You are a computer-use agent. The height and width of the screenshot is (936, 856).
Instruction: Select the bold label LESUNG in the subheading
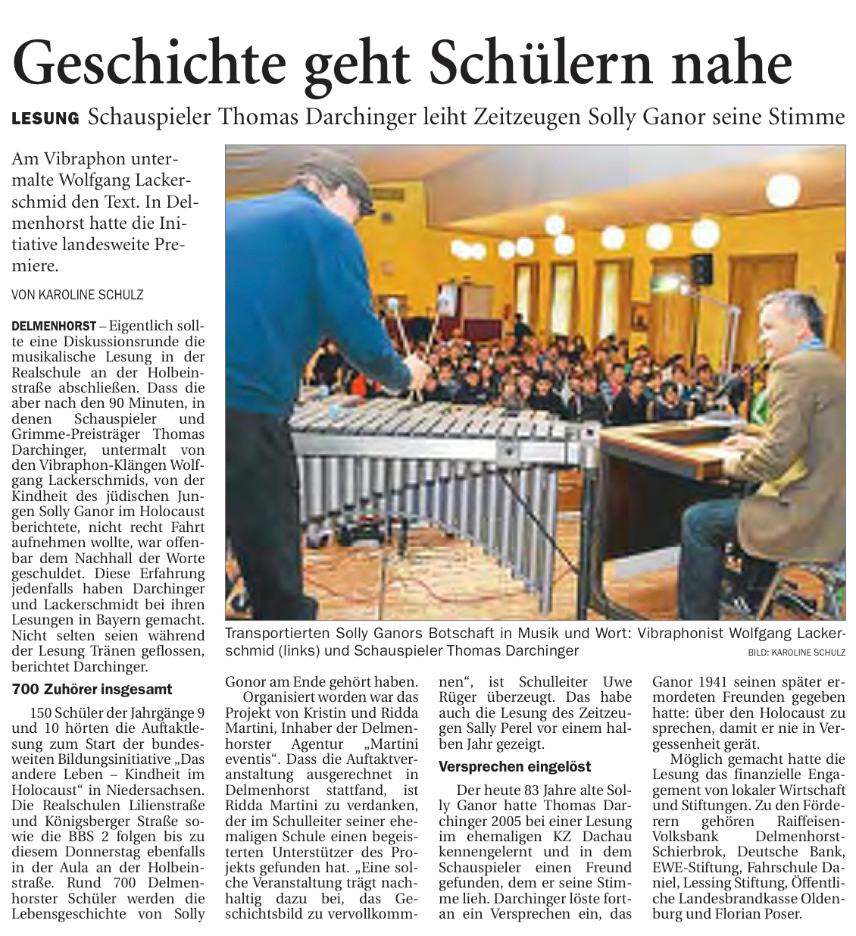coord(45,118)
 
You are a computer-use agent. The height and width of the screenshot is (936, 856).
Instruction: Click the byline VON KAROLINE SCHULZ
coord(78,294)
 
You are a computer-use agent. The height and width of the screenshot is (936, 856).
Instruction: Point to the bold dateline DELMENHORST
coord(54,326)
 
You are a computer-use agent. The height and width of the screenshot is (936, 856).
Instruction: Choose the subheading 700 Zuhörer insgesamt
coord(92,690)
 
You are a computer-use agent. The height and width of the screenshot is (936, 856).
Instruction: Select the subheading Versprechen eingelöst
coord(515,766)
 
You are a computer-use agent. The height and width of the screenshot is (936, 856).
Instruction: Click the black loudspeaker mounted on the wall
coord(701,269)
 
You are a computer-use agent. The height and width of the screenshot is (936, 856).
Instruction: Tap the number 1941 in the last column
coord(714,681)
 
